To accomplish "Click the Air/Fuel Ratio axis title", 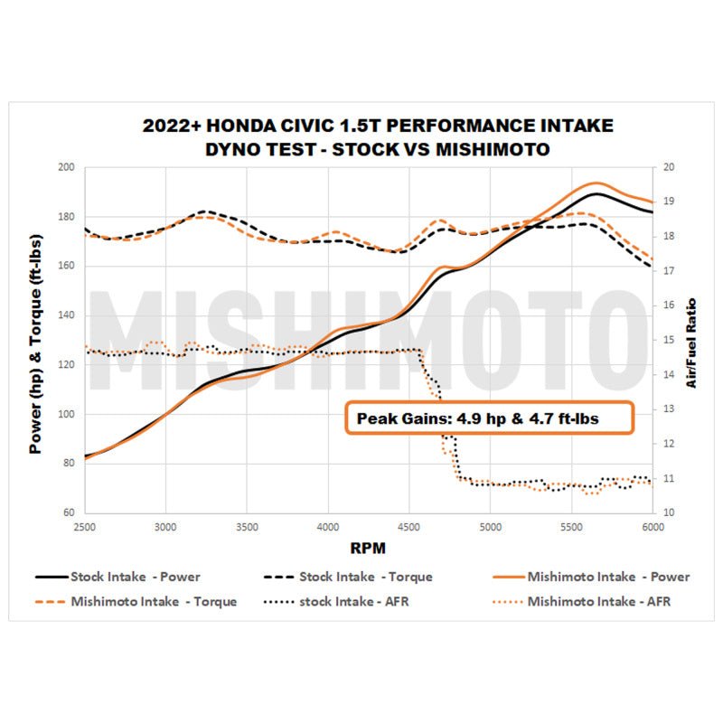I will coord(691,343).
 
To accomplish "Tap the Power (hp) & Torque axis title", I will coord(35,339).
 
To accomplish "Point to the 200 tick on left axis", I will coord(65,168).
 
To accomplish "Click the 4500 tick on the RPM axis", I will coord(409,525).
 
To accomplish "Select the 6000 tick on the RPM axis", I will coord(653,525).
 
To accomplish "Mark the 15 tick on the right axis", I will coord(669,340).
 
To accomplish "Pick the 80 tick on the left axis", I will coord(67,464).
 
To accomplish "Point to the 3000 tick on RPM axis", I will coord(165,525).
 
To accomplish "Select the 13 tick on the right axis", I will coord(669,409).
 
